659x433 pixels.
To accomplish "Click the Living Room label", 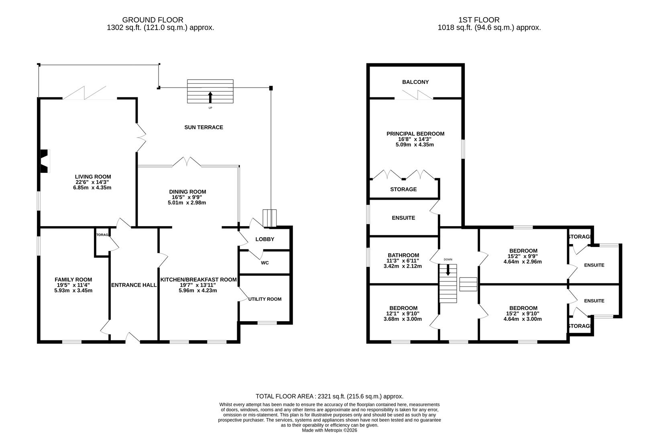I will [93, 176].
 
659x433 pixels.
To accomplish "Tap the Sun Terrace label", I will [203, 127].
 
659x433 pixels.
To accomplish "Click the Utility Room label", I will [264, 299].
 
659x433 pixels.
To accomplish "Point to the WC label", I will [264, 263].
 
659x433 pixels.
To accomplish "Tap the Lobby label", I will [264, 239].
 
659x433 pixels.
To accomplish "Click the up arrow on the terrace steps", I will [210, 97].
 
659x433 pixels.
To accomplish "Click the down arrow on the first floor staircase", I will [448, 270].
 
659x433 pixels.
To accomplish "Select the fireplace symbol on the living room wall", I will [44, 161].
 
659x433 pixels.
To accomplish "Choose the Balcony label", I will [415, 82].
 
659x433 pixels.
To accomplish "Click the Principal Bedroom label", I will [415, 134].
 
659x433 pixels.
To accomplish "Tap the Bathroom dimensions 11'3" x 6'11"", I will [403, 261].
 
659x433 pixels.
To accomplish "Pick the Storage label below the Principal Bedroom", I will [403, 189].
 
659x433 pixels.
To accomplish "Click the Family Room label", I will [73, 279].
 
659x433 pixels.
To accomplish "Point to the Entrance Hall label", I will [134, 285].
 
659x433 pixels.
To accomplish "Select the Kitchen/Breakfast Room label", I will [198, 279].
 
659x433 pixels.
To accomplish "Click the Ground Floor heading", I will [153, 20].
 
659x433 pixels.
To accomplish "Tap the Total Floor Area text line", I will [329, 396].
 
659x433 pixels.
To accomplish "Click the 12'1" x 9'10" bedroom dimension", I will [403, 314].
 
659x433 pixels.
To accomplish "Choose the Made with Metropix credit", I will [329, 430].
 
